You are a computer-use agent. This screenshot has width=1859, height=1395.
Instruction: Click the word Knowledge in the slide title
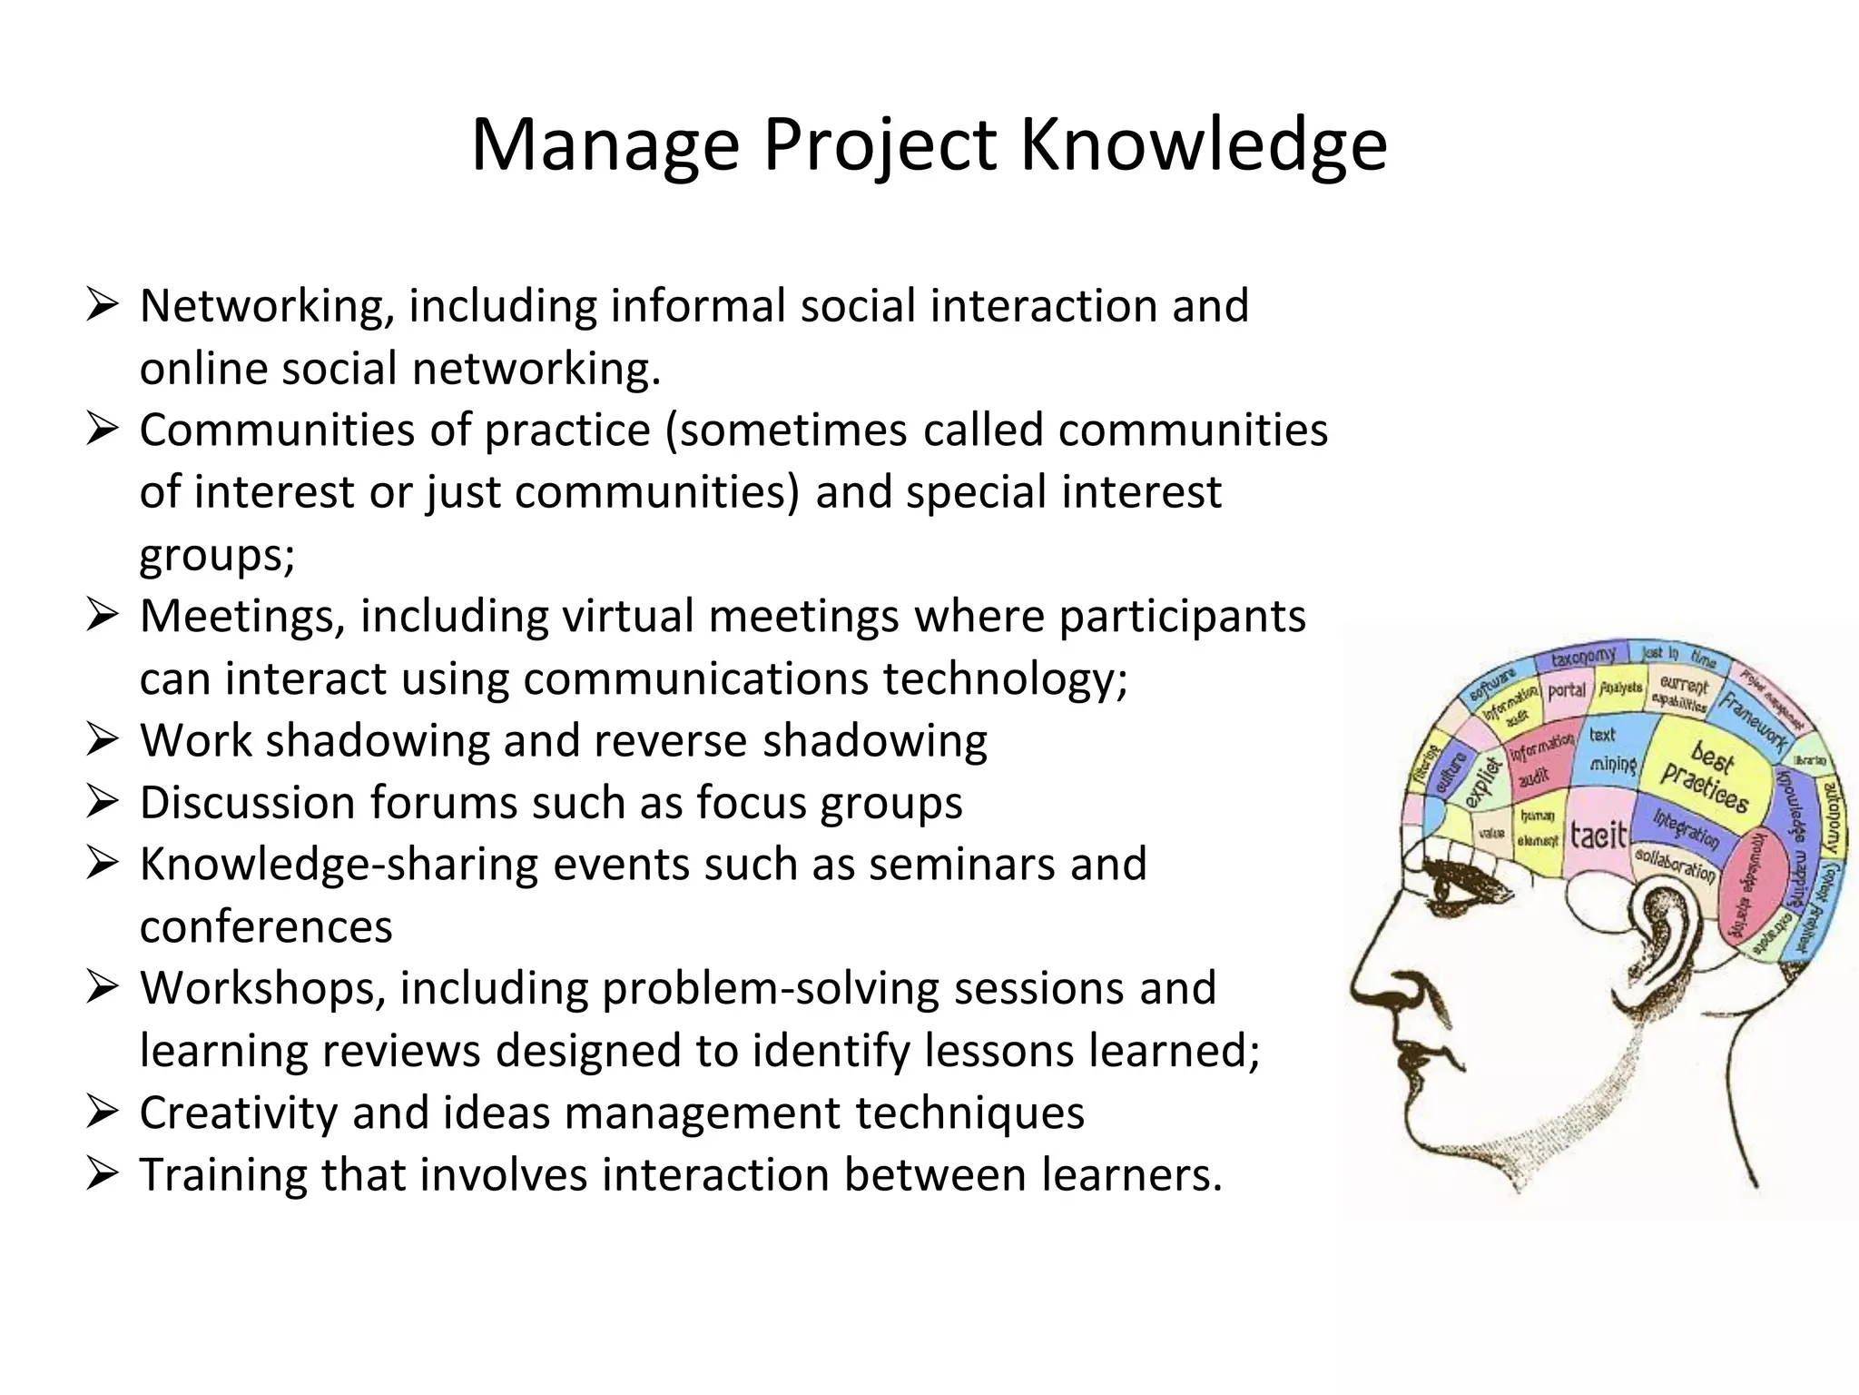(x=1204, y=145)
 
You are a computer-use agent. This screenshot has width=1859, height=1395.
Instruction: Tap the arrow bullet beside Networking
(x=102, y=305)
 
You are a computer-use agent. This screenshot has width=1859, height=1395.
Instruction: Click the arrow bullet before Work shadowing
(x=102, y=740)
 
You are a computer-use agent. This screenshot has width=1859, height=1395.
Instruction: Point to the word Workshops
(x=262, y=988)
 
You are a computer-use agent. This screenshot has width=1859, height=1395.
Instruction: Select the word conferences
(x=266, y=926)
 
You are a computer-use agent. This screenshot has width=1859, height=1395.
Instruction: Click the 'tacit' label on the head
(x=1598, y=834)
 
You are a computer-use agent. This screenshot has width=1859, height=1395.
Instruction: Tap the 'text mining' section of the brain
(x=1611, y=750)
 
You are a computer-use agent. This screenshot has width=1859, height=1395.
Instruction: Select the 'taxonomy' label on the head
(x=1584, y=657)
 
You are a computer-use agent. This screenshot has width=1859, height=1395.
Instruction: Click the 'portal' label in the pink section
(x=1567, y=690)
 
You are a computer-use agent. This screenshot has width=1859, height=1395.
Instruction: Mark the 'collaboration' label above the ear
(x=1675, y=864)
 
